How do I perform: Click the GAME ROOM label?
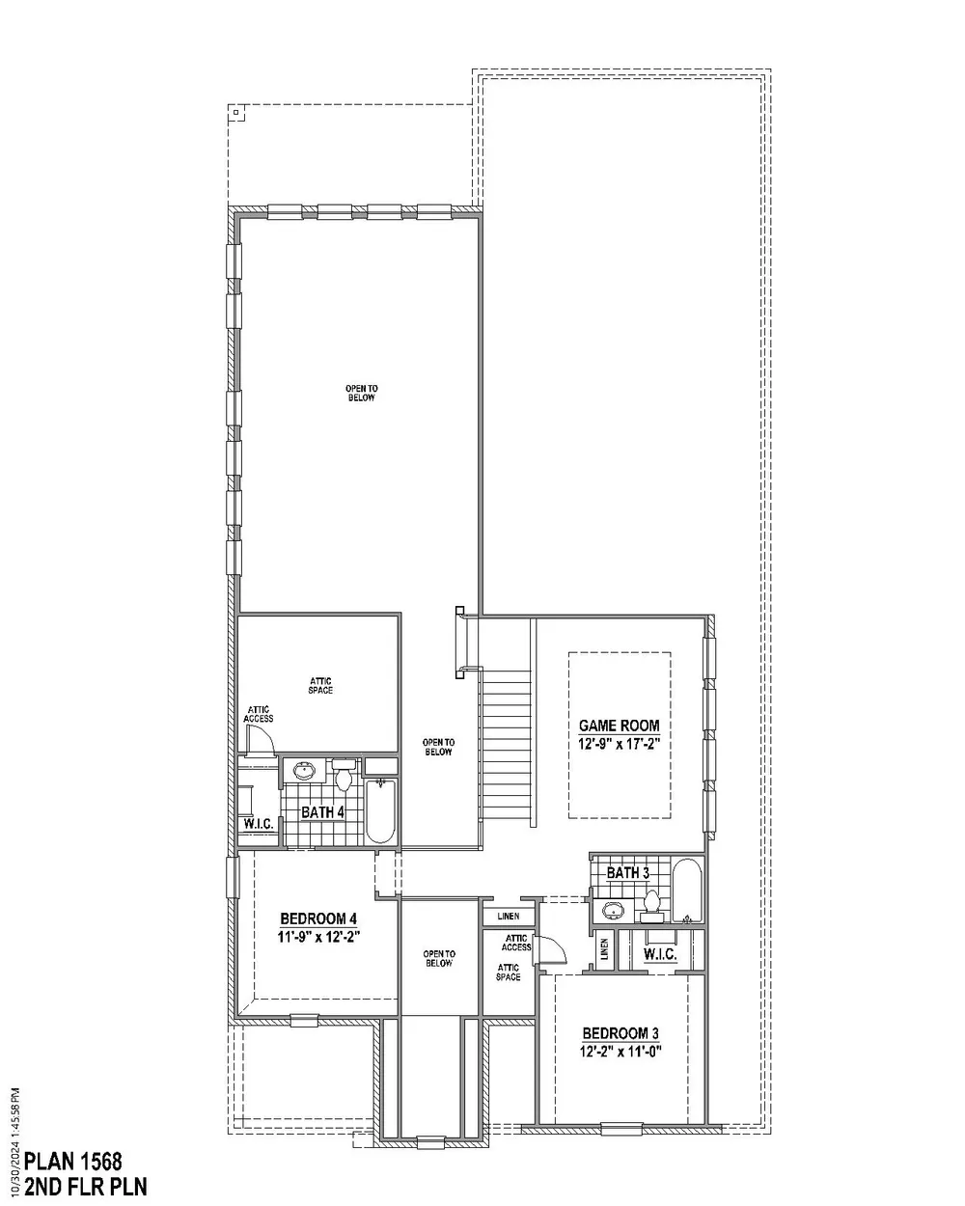click(x=619, y=726)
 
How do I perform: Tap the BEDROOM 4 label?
click(x=318, y=918)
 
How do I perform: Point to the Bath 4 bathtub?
click(x=380, y=810)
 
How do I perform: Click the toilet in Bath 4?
click(x=344, y=774)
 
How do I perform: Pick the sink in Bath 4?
click(x=304, y=770)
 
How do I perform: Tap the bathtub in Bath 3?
click(x=686, y=891)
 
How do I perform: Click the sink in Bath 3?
click(x=614, y=910)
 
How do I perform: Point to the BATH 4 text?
click(x=322, y=812)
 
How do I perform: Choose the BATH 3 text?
click(x=628, y=872)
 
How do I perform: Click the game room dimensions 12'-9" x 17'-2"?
click(x=619, y=744)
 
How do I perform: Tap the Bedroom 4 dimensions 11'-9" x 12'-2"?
click(x=318, y=937)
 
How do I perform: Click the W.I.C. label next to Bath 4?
click(x=259, y=824)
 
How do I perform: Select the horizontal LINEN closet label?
click(x=508, y=917)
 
